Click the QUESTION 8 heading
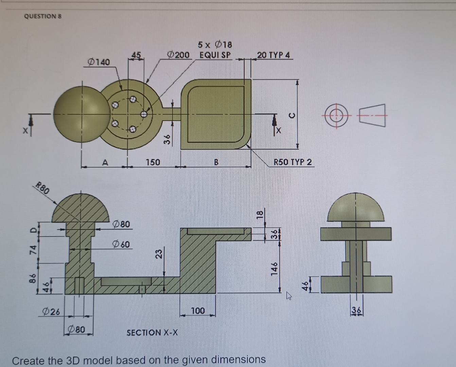pos(43,16)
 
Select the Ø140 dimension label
pos(99,62)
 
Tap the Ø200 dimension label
pos(179,54)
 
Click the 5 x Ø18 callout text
pos(215,45)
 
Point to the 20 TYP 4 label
pos(274,55)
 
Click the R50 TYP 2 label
pos(293,162)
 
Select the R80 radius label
pos(43,188)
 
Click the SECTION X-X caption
pos(152,332)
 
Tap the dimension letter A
pos(105,162)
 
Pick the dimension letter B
pos(216,162)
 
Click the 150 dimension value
pos(153,162)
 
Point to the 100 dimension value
pos(198,311)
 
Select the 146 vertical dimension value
pos(275,268)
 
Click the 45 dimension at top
pos(136,55)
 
